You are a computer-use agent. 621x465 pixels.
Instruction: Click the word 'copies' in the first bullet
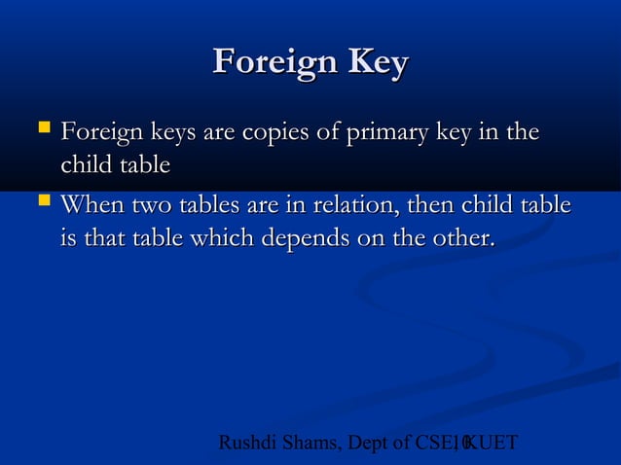(275, 132)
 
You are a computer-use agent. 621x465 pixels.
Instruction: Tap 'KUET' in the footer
(492, 444)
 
